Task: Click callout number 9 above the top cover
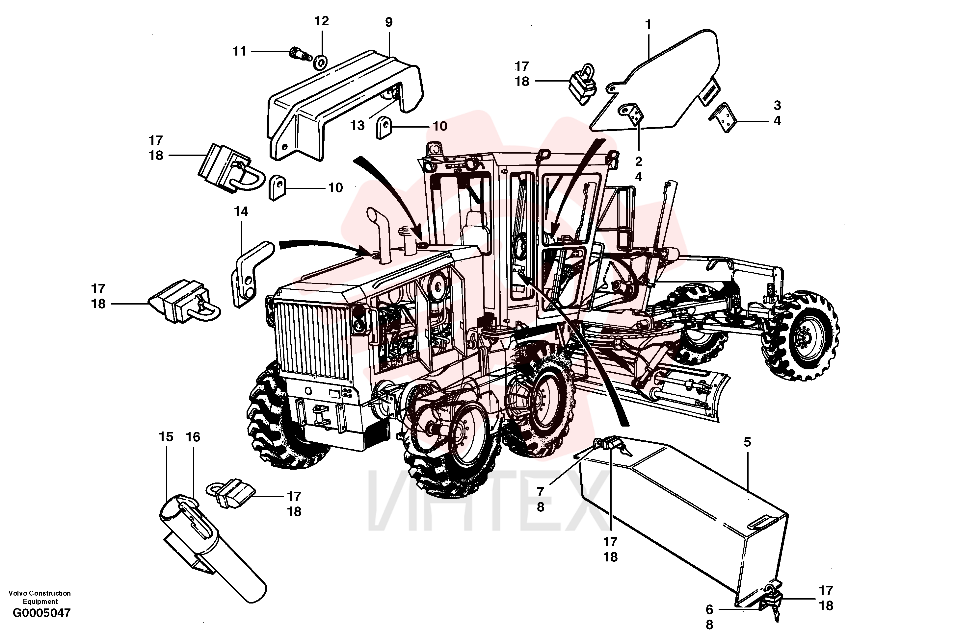pos(389,22)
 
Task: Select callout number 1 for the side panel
pos(648,25)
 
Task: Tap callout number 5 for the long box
pos(747,442)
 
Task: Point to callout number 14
pos(241,211)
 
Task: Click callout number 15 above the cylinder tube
pos(166,437)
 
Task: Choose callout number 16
pos(193,437)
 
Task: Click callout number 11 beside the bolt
pos(239,51)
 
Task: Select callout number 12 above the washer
pos(322,21)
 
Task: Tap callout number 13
pos(358,126)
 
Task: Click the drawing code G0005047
pos(41,613)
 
